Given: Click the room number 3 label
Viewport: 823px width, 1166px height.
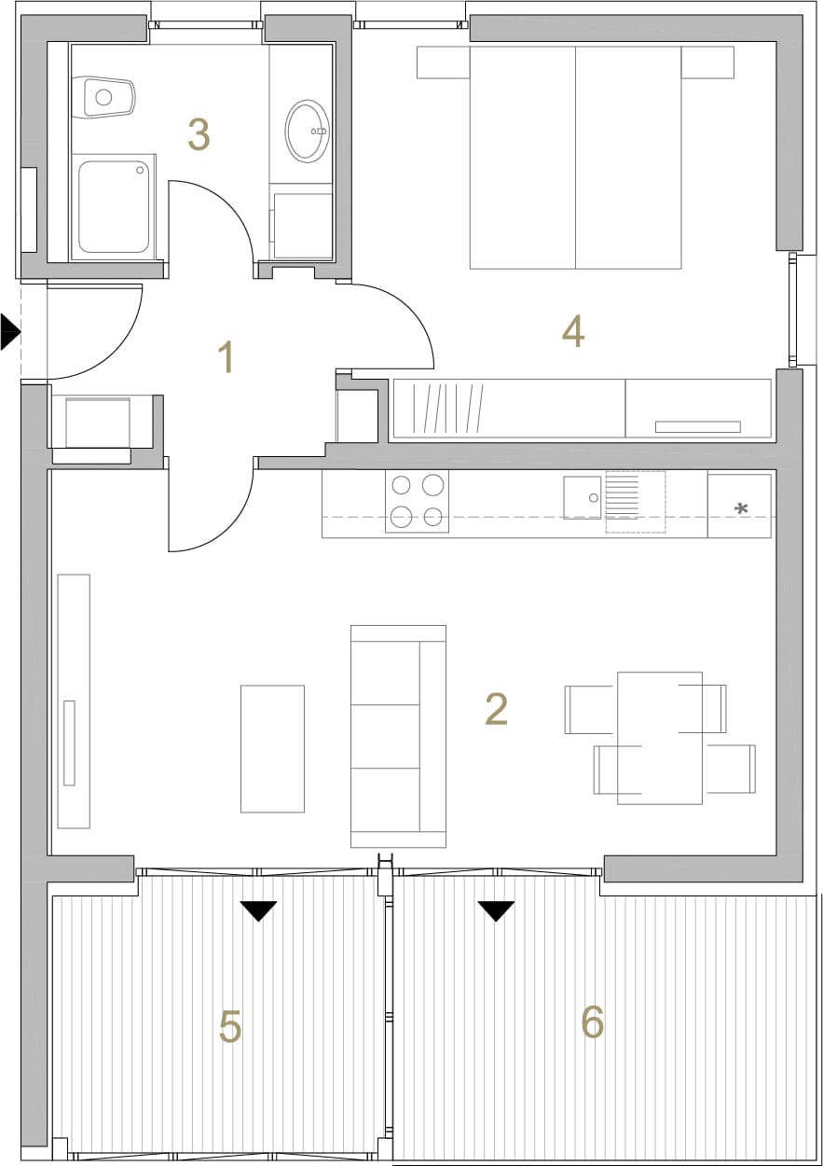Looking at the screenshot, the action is (x=199, y=134).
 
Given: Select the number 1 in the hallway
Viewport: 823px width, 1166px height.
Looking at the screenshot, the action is (x=227, y=356).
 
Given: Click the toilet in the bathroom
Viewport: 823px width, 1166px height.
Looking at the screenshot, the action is (x=103, y=97).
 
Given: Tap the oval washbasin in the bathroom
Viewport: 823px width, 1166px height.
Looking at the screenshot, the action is (x=308, y=131).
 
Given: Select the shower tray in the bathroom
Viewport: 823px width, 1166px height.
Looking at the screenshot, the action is (x=114, y=207).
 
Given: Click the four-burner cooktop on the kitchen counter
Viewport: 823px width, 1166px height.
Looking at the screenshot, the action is (x=417, y=501).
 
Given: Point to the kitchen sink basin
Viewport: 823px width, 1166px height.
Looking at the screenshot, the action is (x=583, y=497).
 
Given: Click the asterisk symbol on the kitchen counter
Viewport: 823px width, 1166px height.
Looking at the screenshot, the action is (x=741, y=508).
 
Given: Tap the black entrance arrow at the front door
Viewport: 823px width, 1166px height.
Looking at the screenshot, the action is (x=10, y=331).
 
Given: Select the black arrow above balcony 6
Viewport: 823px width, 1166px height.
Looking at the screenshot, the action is (x=496, y=911).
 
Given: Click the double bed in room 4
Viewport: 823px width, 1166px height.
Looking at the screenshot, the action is (x=575, y=158).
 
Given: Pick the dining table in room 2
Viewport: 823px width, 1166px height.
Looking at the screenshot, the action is (x=660, y=738).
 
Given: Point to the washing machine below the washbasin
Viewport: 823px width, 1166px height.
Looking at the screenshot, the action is (x=303, y=226).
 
